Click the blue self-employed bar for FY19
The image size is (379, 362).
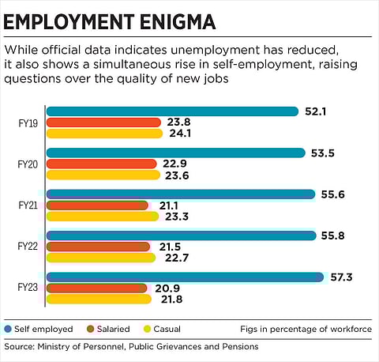coord(172,111)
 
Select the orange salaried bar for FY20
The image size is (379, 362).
coord(101,164)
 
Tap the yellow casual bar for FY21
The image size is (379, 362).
coord(100,216)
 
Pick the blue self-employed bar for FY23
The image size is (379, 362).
coord(185,277)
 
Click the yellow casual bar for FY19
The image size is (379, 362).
coord(104,134)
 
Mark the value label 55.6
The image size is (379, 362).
coord(335,194)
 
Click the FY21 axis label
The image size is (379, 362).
coord(28,205)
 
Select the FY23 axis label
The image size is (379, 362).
coord(28,288)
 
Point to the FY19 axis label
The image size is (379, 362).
coord(28,123)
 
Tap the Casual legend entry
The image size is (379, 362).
coord(168,328)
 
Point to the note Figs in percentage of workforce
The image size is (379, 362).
coord(307,328)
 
